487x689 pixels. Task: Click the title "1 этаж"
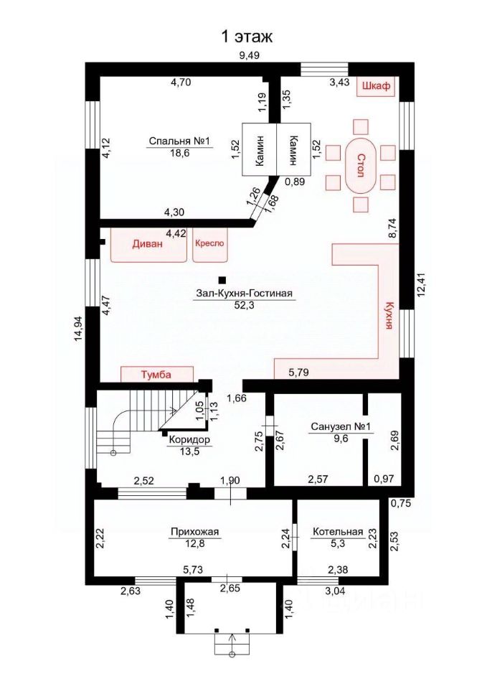(x=246, y=37)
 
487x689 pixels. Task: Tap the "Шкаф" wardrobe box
(x=376, y=87)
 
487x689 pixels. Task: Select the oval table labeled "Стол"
(x=360, y=165)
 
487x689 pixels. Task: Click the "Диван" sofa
(x=148, y=244)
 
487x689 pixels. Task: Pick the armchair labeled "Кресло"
(x=210, y=244)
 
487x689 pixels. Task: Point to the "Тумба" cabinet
(x=157, y=375)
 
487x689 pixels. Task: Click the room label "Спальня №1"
(x=180, y=141)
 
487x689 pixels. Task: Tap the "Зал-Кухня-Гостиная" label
(x=244, y=294)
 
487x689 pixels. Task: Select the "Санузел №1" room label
(x=341, y=426)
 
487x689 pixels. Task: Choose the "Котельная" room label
(x=338, y=532)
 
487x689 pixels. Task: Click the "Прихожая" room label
(x=194, y=532)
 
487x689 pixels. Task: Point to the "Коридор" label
(x=189, y=440)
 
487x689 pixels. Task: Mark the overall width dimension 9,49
(x=249, y=55)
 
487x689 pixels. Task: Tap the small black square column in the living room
(x=222, y=279)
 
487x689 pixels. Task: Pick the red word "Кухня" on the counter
(x=388, y=315)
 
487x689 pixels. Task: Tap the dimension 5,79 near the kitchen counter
(x=298, y=373)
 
